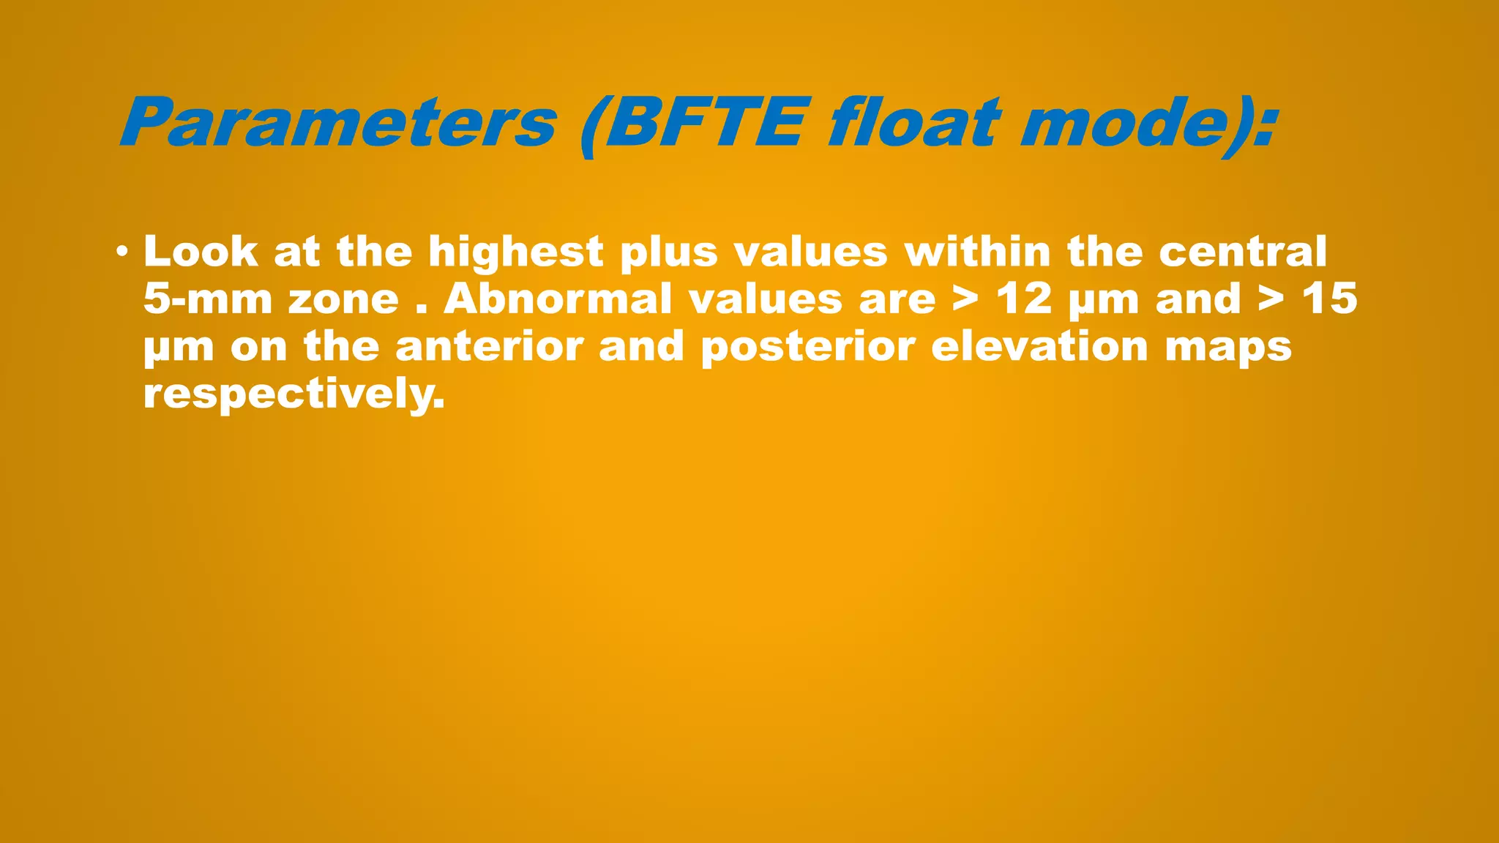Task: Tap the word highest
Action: coord(515,253)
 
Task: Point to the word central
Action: coord(1242,252)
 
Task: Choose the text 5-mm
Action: coord(208,299)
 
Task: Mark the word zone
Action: coord(343,300)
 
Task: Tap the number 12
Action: coord(1024,299)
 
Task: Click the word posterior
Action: coord(807,348)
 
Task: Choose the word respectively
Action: coord(294,395)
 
